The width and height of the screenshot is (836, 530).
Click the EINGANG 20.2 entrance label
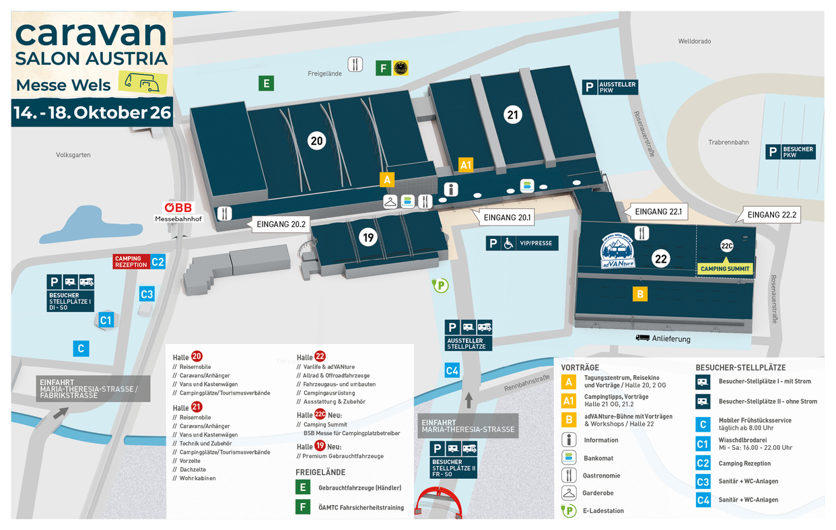pos(278,224)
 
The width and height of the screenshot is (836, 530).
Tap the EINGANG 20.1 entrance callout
pos(507,217)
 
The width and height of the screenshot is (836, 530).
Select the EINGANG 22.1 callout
pos(658,211)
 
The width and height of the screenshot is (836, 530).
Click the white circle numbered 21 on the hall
pos(513,115)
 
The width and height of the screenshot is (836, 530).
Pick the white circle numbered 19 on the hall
pos(368,237)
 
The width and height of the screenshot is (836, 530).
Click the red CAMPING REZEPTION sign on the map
pos(131,261)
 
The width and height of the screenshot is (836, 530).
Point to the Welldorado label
pos(694,41)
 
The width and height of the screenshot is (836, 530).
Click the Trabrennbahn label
pos(728,142)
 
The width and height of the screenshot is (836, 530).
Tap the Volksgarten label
pos(73,155)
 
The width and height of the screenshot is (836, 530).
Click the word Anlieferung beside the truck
pos(671,339)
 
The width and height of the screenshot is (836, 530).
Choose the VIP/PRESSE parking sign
pos(522,243)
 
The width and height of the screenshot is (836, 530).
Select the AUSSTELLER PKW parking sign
pos(609,87)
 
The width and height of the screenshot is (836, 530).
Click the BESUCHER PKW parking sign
pos(791,152)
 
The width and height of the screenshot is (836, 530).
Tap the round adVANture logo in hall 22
pos(618,250)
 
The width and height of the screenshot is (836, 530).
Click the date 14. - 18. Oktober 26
pos(92,112)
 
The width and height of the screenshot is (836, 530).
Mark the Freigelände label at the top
pos(325,73)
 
